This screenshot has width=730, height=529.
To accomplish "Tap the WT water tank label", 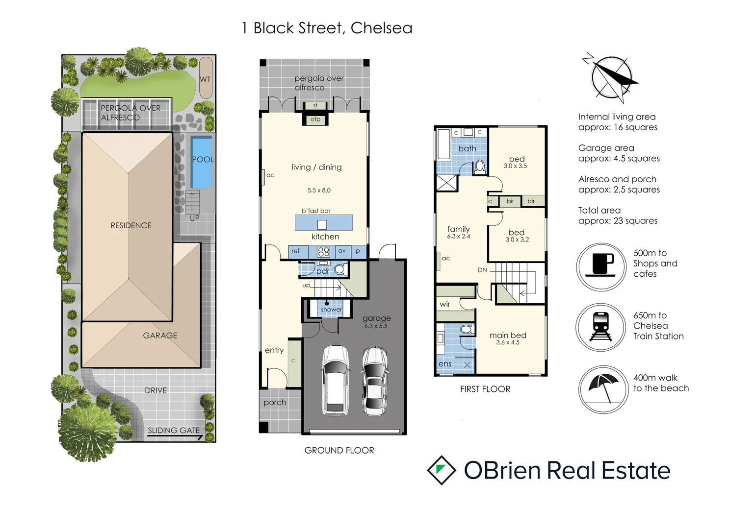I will coord(205,79).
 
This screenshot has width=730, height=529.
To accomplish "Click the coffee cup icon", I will coord(601,266).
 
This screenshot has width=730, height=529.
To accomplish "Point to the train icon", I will coord(601,327).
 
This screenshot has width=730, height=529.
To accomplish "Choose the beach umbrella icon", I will coord(603,389).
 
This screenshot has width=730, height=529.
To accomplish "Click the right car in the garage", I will coord(375,381).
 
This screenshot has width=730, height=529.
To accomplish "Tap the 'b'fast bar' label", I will coord(316,211).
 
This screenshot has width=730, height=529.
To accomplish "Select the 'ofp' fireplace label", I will coord(315,119).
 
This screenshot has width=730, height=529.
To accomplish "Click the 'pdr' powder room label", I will coord(323,271).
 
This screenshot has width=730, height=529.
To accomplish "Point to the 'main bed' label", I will coord(508,336).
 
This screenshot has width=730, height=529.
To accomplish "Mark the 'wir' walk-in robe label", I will coord(445,304).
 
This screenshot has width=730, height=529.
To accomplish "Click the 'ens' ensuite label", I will coord(445,364).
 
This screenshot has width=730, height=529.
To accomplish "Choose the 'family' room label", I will coord(459,229).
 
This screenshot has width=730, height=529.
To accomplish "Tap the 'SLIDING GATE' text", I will coord(174,431).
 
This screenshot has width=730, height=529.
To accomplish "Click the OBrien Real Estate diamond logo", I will coord(442,470).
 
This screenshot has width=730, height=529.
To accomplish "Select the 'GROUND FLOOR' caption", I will coord(339,450).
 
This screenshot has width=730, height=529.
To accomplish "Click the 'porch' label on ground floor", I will coord(275,403).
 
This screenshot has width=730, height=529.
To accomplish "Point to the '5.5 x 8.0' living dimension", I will coord(319,190).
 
